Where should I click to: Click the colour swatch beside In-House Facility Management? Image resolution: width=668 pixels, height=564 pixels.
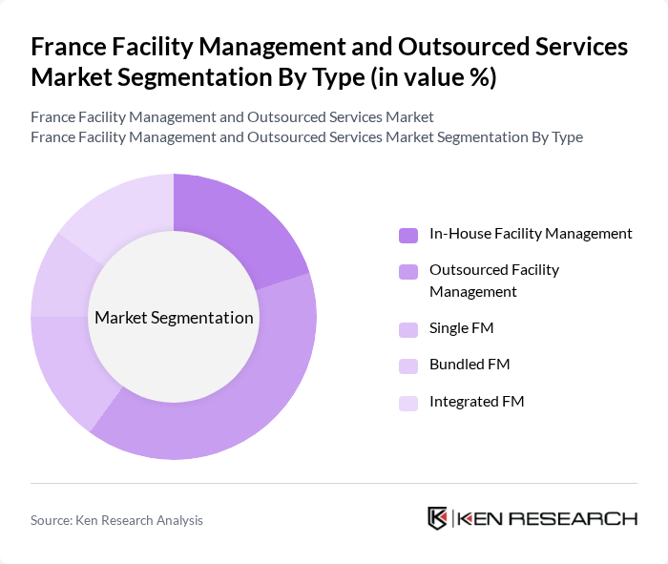click(408, 235)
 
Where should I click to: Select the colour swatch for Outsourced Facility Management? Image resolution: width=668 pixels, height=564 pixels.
click(408, 271)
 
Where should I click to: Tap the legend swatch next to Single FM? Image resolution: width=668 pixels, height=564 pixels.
click(408, 329)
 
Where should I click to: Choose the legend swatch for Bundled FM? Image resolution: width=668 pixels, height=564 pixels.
click(408, 366)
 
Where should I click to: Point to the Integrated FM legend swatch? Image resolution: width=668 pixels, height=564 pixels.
click(408, 403)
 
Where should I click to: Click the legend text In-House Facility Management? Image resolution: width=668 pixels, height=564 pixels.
click(531, 233)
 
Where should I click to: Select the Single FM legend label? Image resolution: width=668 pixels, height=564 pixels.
click(462, 328)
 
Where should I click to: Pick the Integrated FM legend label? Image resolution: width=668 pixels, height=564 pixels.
click(477, 402)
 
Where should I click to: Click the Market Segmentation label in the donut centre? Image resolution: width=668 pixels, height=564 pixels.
click(174, 318)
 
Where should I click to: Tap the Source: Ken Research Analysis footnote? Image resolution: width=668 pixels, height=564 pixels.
click(116, 520)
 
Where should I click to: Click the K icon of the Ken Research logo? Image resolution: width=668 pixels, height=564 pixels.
click(437, 518)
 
